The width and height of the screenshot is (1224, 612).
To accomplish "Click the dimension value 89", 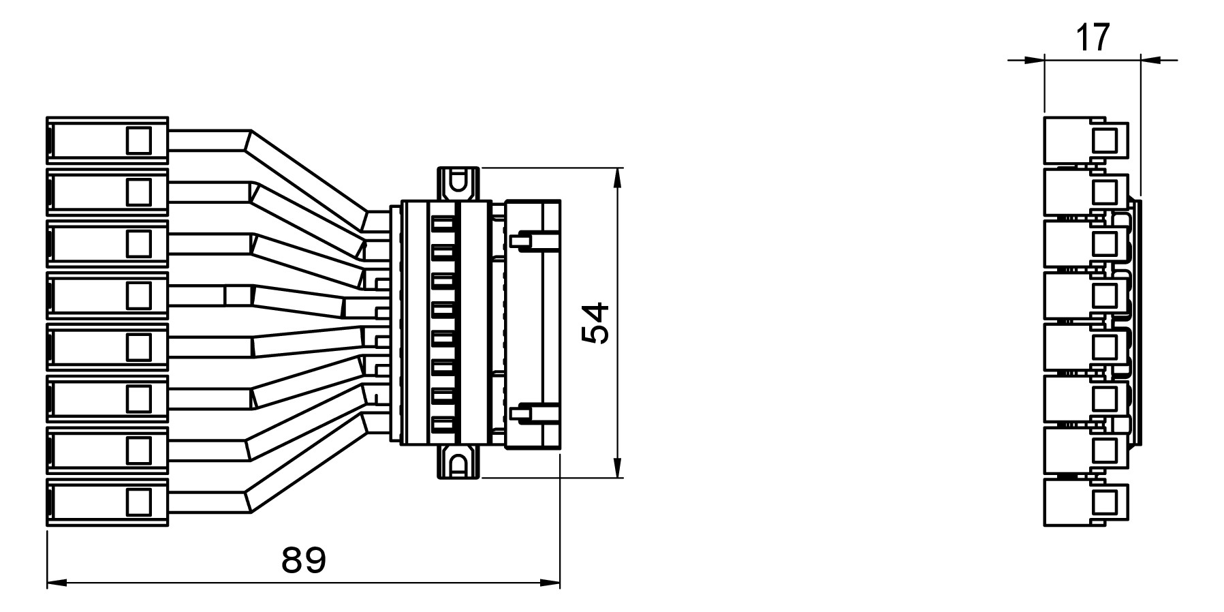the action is (304, 560).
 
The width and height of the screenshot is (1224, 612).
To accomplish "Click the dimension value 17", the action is (1093, 37).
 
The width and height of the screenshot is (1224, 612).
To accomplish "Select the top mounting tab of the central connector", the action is (458, 183).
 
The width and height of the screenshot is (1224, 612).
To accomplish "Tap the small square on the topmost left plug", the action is (138, 140).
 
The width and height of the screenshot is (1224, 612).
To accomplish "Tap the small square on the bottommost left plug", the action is (138, 502).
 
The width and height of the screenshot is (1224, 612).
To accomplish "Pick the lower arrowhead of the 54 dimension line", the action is (617, 468).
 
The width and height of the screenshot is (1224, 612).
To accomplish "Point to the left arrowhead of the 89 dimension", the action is (57, 583).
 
